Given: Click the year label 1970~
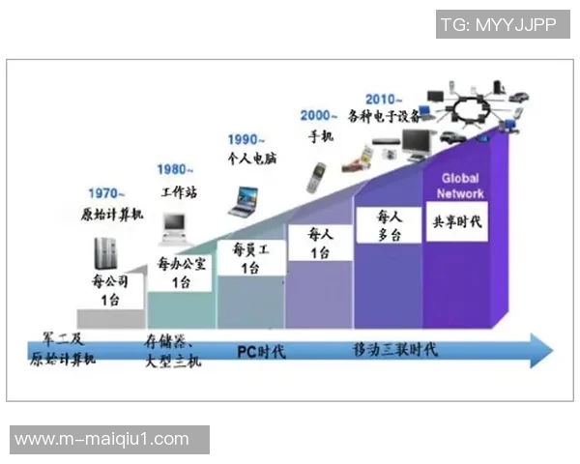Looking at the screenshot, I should (x=107, y=192).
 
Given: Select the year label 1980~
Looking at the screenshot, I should (x=175, y=170).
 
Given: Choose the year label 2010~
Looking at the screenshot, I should (x=386, y=99).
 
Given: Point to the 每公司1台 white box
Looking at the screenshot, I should (x=110, y=290).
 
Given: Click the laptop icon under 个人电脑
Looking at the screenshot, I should (x=244, y=201).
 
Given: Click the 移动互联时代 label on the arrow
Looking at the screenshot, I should (x=394, y=349).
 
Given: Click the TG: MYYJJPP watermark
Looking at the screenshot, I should (x=498, y=25).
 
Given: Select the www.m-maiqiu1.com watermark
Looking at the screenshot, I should (x=102, y=439).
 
